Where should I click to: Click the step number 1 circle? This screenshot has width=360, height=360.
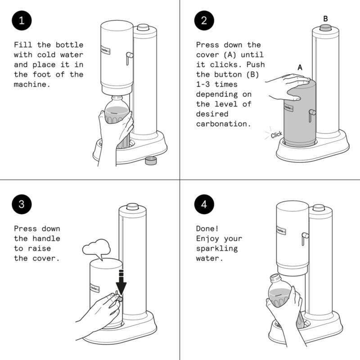22,22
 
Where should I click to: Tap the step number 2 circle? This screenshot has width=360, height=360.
203,22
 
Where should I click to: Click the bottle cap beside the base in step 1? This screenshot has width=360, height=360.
151,160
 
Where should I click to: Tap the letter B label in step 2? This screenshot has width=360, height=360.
325,18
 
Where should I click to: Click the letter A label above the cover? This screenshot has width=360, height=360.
300,67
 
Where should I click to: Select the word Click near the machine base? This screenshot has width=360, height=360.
276,134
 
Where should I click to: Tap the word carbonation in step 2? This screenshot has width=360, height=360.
223,124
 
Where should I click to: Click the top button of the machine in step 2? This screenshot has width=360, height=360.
325,27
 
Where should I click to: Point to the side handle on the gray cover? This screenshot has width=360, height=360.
311,115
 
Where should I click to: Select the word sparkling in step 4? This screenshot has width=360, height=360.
217,248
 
